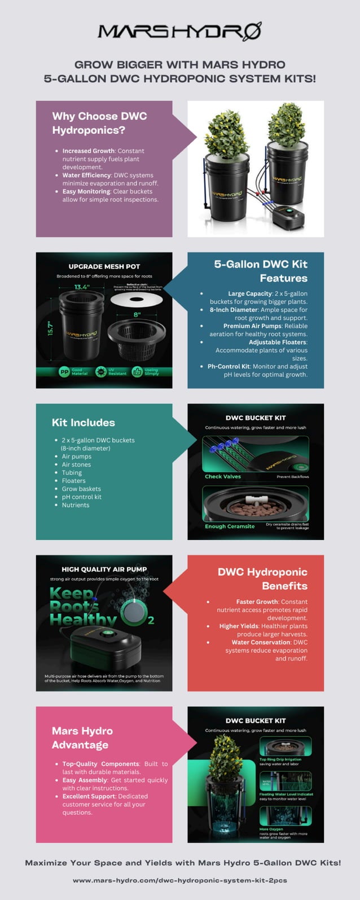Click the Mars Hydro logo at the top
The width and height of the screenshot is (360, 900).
[x=179, y=31]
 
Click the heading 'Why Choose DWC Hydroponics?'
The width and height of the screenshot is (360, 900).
[x=99, y=123]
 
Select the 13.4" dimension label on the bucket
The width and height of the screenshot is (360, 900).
[x=82, y=287]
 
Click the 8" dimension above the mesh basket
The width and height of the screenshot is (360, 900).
[x=137, y=314]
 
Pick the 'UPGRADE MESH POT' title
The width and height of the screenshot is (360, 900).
[x=104, y=266]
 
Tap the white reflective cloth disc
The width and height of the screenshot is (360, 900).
[x=137, y=300]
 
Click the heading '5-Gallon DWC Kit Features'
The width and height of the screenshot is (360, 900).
[x=261, y=271]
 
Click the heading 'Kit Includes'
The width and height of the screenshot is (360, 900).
[x=83, y=423]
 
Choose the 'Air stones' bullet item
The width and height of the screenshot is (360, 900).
[x=76, y=464]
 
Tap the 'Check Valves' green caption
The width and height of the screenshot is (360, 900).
[x=223, y=477]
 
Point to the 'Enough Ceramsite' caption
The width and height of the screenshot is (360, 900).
[x=230, y=526]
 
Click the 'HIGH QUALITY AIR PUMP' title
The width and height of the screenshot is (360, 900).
[x=104, y=569]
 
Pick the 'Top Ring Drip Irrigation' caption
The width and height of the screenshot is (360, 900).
[x=280, y=759]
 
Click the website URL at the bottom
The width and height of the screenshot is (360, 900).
[x=179, y=880]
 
